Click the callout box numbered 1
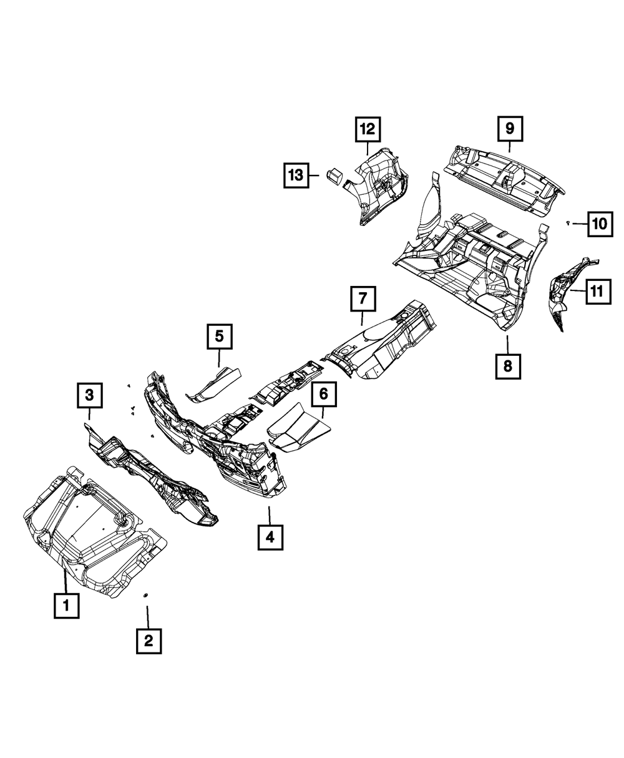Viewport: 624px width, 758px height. tap(66, 604)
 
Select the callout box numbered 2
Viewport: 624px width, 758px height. tap(149, 641)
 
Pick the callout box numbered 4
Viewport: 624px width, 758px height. tap(270, 537)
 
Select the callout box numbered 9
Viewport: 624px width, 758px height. tap(510, 129)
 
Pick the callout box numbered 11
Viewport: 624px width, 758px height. tap(597, 290)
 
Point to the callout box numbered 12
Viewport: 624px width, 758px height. tap(368, 129)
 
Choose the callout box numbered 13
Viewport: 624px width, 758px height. tap(295, 175)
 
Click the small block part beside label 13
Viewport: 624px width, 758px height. tap(334, 175)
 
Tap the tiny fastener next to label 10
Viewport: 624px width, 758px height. tap(568, 223)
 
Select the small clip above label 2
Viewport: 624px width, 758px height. tap(145, 594)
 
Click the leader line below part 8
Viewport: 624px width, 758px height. tap(508, 343)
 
